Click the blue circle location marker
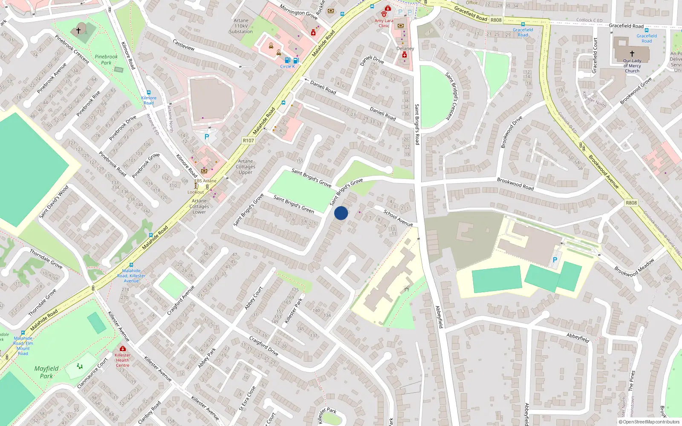pos(341,213)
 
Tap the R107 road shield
pos(248,141)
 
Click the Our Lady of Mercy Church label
pos(632,66)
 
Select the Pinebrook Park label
pos(106,60)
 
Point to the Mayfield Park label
pos(46,372)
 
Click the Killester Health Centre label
pos(122,360)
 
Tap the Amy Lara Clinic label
pos(384,23)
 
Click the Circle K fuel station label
pos(287,66)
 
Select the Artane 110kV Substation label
pos(241,26)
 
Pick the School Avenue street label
pos(398,218)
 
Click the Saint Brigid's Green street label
pos(294,204)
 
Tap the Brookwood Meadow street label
pos(634,268)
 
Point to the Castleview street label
pos(184,45)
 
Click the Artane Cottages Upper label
pos(246,167)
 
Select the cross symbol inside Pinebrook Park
pos(78,31)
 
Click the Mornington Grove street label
pos(299,12)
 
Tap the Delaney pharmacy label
pos(405,49)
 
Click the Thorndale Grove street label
pos(46,259)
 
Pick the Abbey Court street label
pos(254,298)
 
